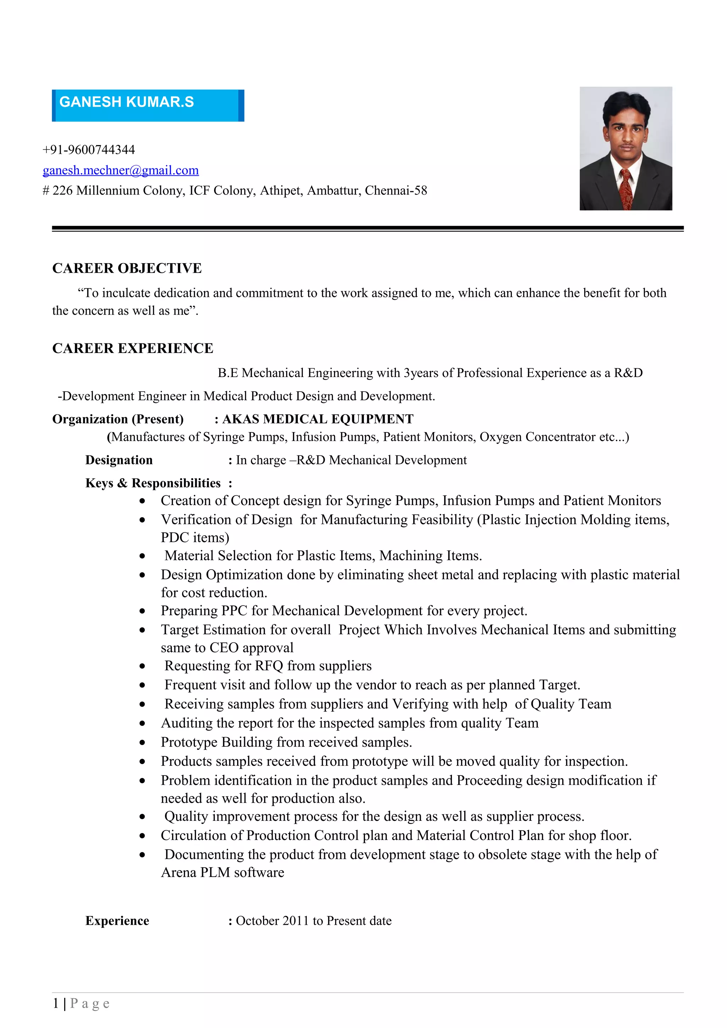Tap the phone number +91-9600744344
(x=89, y=150)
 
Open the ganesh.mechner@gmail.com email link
(x=120, y=170)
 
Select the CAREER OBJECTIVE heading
(x=127, y=268)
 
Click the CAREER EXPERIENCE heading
(x=133, y=348)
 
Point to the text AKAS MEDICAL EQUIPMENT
(x=318, y=419)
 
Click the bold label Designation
(x=119, y=460)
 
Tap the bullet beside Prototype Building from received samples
(x=142, y=743)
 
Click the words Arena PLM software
(x=222, y=873)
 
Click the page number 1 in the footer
(x=55, y=1004)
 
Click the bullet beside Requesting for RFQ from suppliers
(x=142, y=667)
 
